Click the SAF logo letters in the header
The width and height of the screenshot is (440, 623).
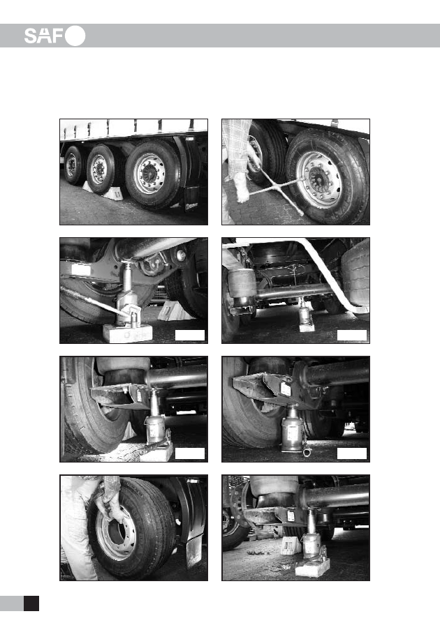(44, 36)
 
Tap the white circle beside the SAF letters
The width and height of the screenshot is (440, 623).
(75, 36)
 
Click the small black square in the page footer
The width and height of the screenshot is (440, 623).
(31, 603)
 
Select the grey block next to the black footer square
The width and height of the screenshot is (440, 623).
(12, 603)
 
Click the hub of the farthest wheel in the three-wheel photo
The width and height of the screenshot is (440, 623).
(72, 165)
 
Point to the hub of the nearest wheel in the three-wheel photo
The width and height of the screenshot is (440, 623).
(149, 174)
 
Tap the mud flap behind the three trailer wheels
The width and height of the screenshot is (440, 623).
(192, 199)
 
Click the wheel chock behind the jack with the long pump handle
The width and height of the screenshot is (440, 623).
(175, 310)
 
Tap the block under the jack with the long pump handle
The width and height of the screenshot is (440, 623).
(127, 333)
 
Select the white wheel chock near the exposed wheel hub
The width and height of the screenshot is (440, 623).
(291, 545)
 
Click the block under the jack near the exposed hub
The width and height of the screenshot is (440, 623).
(313, 567)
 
